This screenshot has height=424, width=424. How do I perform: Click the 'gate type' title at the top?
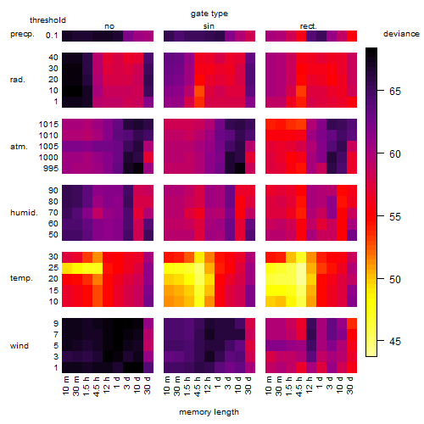pos(209,14)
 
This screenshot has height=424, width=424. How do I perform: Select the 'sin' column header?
pos(209,26)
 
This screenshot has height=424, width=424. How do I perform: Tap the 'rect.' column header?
pos(309,26)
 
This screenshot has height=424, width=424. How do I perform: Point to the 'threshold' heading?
pos(47,20)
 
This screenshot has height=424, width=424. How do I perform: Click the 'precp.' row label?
pos(22,34)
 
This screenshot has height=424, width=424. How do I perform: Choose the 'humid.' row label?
pos(24,213)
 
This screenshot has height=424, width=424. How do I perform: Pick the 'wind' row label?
pos(20,346)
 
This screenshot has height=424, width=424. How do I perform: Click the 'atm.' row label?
pos(19,147)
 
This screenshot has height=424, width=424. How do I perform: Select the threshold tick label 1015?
pos(48,125)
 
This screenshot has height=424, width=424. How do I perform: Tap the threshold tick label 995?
pos(51,169)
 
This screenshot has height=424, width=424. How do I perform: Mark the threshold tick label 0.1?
pos(52,36)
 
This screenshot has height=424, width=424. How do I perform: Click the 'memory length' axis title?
pos(209,412)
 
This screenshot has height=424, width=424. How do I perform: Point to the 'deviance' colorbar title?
pos(401,34)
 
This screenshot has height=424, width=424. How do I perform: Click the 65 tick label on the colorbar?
pos(395,92)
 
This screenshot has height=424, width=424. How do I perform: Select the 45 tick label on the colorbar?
pos(395,342)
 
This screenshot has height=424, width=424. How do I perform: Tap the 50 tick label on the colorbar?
pos(395,280)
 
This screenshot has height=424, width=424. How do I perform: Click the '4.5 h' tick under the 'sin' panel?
pos(198,387)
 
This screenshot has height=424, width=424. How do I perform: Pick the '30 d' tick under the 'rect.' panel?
pos(350,385)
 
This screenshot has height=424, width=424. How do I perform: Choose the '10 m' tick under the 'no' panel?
pos(66,386)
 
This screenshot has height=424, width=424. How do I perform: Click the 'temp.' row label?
pos(21,278)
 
